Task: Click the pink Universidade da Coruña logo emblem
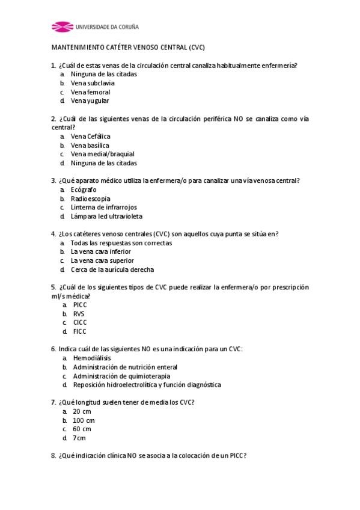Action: (x=61, y=26)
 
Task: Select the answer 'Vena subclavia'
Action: (x=93, y=83)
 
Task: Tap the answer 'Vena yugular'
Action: (x=90, y=100)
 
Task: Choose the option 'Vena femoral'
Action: (x=90, y=92)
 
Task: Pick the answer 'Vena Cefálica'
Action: (x=90, y=137)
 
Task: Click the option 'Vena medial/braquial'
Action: (x=102, y=154)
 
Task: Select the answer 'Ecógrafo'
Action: (x=84, y=189)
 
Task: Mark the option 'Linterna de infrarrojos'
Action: (x=103, y=207)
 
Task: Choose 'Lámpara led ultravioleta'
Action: (x=106, y=217)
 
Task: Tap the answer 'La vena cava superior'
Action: (x=102, y=261)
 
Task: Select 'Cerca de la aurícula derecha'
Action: (x=112, y=270)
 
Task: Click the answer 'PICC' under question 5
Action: (x=80, y=305)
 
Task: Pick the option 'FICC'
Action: (x=80, y=331)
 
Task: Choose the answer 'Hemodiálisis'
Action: (x=92, y=358)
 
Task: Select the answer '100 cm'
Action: (x=84, y=420)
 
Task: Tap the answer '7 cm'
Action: (x=79, y=438)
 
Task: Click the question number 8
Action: (x=53, y=456)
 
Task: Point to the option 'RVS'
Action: (x=79, y=314)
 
